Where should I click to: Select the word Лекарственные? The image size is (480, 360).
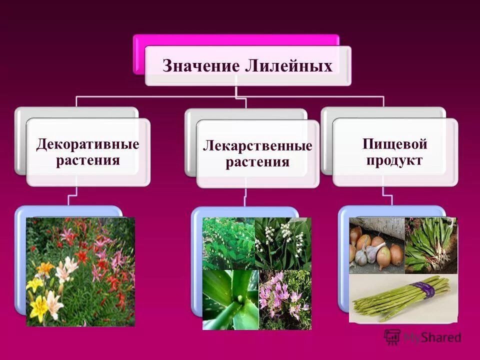[x=257, y=146]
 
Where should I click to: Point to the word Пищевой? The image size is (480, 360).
[x=394, y=145]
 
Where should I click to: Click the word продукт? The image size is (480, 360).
[x=394, y=161]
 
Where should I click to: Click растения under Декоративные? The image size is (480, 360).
[x=87, y=161]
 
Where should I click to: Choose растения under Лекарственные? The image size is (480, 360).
[x=257, y=162]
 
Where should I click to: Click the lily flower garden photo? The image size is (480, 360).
[x=80, y=271]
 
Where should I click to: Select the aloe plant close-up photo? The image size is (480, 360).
[x=230, y=300]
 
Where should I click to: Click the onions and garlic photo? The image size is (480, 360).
[x=376, y=245]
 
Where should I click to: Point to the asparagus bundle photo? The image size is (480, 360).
[x=403, y=298]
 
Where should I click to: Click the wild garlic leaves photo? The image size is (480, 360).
[x=430, y=245]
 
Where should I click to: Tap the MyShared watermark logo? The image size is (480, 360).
[x=423, y=337]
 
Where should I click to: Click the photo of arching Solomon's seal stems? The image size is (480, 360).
[x=228, y=243]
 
